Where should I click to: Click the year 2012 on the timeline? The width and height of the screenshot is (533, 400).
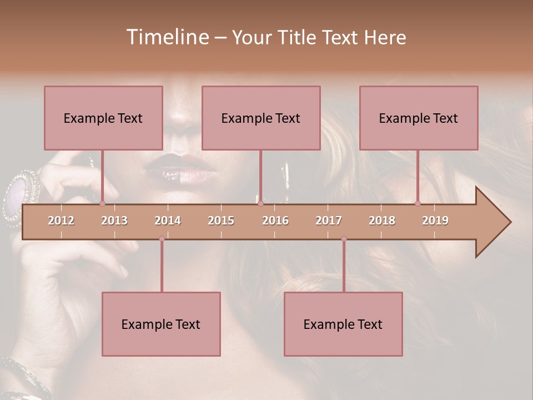pos(61,221)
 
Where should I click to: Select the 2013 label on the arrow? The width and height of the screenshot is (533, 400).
pos(114,221)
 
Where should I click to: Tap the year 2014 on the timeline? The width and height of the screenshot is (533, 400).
pos(168,221)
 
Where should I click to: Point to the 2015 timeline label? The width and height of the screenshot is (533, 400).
pos(221,221)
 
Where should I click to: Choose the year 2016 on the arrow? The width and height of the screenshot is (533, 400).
pos(275,221)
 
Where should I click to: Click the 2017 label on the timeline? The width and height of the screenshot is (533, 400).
pos(329,221)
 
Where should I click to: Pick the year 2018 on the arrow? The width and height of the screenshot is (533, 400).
pos(382,221)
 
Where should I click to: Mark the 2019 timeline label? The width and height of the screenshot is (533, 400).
pos(435,221)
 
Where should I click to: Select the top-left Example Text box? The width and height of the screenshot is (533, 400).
pos(103,118)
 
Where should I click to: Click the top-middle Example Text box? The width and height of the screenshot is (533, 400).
pos(261,118)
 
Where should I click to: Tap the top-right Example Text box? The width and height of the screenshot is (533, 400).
pos(419,118)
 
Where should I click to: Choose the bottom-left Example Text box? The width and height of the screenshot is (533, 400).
pos(161,324)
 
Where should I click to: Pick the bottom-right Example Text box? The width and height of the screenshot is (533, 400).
pos(343,324)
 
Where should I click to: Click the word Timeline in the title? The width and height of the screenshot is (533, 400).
pos(167,37)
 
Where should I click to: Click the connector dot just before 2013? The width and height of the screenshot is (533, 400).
pos(102,203)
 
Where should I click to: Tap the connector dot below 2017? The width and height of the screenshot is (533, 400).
pos(344,239)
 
